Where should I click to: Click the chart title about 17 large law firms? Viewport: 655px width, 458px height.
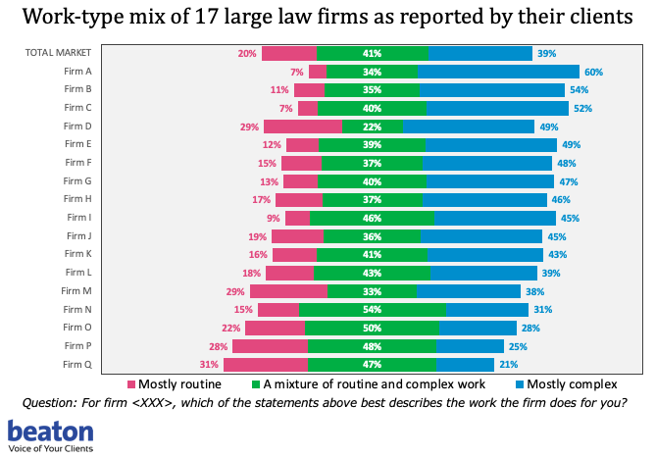coord(327,18)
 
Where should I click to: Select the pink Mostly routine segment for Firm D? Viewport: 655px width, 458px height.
coord(303,127)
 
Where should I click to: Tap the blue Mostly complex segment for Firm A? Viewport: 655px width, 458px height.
coord(498,72)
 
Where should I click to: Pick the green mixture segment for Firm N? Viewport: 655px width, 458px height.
coord(373,310)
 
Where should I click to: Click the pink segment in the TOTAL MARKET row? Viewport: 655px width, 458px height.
coord(289,53)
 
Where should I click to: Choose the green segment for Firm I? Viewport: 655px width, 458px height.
coord(372,218)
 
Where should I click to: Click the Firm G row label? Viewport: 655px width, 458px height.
coord(78,181)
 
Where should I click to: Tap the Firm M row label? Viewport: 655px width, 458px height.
coord(78,291)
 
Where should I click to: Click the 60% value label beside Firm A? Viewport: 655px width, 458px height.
coord(593,72)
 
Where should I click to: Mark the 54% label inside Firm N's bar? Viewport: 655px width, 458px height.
coord(373,310)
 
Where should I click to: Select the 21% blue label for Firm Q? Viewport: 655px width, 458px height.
coord(509,365)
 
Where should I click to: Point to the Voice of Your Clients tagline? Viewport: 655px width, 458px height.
coord(54,448)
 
